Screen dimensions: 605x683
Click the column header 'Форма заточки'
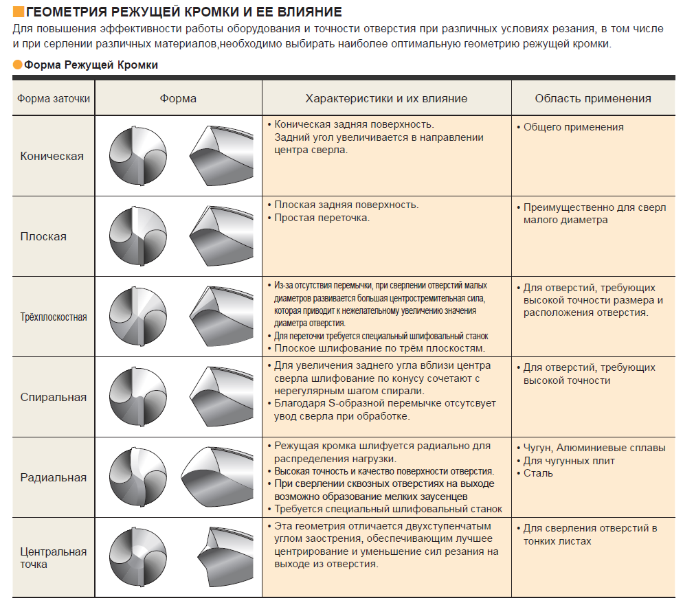coord(54,98)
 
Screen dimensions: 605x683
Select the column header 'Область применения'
coord(593,98)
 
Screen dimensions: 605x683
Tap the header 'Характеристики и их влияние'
coord(386,98)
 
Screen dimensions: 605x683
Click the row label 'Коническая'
coord(52,156)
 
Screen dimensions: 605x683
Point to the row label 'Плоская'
coord(43,236)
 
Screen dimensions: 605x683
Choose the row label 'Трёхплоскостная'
coord(53,317)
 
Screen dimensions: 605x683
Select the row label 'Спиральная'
coord(54,397)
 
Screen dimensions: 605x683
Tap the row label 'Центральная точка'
coord(54,558)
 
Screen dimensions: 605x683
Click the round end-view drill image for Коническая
coord(138,156)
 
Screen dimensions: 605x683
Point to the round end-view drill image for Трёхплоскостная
coord(138,317)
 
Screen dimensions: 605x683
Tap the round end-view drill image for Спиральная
coord(138,397)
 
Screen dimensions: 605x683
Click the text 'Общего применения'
coord(573,127)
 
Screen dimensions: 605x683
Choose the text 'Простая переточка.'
coord(322,218)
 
